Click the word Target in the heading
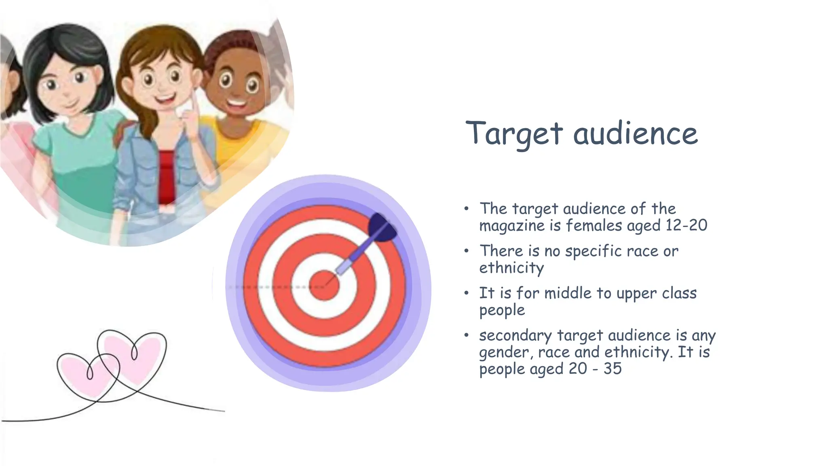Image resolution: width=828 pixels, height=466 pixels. [514, 133]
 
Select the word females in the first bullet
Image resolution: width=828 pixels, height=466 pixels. [594, 225]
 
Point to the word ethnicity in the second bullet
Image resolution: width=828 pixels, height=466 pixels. [511, 268]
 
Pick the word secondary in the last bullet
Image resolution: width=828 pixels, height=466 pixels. [515, 336]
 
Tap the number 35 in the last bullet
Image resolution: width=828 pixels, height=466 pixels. [613, 369]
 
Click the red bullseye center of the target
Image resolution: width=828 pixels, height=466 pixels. [324, 286]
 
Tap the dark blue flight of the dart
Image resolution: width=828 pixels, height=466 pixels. [382, 228]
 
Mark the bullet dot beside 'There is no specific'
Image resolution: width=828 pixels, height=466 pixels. [467, 251]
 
